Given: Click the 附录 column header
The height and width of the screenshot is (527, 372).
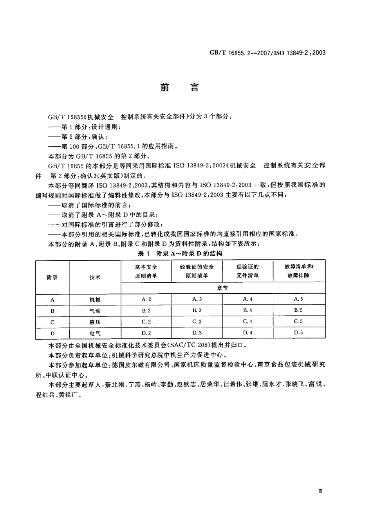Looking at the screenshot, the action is [52, 277].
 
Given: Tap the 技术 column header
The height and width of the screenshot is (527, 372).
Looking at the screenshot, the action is [95, 277].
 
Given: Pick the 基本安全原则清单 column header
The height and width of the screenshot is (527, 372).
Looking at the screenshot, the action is [146, 271].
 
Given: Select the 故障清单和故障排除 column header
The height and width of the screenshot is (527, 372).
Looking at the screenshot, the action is [299, 271].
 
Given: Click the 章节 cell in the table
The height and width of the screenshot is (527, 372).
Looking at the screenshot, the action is [223, 288].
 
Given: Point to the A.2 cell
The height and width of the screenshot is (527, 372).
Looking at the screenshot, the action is [146, 299].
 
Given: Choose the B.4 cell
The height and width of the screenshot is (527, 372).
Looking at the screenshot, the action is [247, 311].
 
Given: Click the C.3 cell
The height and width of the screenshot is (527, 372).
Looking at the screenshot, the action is [197, 322].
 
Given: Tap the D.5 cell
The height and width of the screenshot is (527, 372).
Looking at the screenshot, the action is [299, 333].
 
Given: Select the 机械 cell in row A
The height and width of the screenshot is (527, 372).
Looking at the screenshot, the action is [95, 300].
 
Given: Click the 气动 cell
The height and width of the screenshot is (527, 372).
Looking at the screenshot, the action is [95, 311].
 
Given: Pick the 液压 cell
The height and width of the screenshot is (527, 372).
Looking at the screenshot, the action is [95, 322].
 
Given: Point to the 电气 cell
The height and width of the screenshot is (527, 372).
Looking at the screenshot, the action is [95, 333].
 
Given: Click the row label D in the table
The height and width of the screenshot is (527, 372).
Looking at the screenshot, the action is [52, 333].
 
